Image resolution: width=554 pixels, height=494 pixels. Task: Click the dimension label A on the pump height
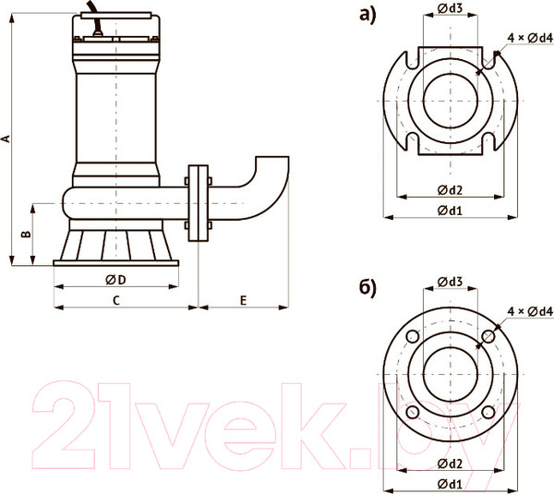pyautogui.click(x=6, y=139)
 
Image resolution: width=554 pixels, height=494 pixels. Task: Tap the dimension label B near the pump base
pyautogui.click(x=26, y=234)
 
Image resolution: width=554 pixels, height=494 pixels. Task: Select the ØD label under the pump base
pyautogui.click(x=116, y=280)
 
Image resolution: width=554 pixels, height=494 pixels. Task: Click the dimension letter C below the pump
pyautogui.click(x=116, y=300)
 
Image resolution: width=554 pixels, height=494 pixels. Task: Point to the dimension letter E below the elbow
pyautogui.click(x=243, y=300)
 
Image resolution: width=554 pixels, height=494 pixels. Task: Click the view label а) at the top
pyautogui.click(x=367, y=16)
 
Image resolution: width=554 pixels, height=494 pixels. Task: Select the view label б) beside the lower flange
pyautogui.click(x=367, y=288)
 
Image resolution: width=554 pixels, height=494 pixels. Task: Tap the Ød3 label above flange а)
pyautogui.click(x=451, y=7)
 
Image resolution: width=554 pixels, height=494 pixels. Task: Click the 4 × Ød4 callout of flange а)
pyautogui.click(x=530, y=38)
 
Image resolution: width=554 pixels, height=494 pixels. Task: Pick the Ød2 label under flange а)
pyautogui.click(x=450, y=190)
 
